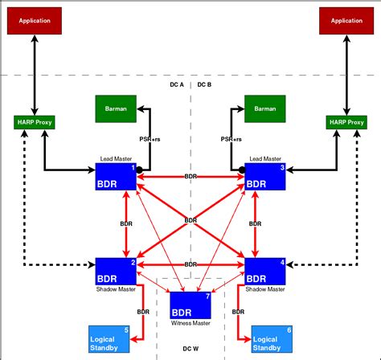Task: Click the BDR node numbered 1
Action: pos(116,177)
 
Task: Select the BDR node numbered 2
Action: pos(116,271)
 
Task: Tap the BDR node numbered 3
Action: pos(265,177)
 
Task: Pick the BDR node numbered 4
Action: pos(265,271)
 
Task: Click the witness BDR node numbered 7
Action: pos(190,306)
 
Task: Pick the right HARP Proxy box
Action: pos(346,123)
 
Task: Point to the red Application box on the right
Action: pos(346,20)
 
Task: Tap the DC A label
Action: pos(177,84)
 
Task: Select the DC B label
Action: pos(204,84)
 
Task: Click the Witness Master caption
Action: pos(190,324)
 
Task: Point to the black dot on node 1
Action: pos(139,170)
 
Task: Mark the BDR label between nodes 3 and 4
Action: pos(256,224)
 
